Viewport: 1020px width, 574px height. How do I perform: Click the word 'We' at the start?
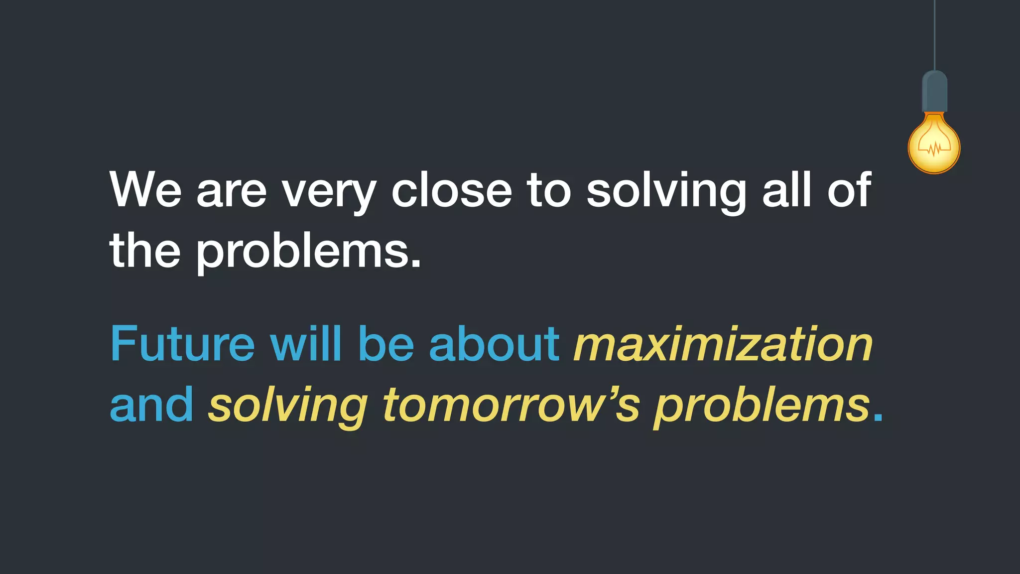[145, 190]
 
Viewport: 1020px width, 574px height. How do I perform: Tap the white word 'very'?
[329, 192]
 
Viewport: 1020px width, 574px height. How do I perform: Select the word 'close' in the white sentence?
[451, 190]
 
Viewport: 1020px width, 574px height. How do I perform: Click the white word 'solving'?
[666, 192]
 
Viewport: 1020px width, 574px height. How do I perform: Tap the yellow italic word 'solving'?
[288, 406]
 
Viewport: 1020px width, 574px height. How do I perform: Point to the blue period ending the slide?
[878, 419]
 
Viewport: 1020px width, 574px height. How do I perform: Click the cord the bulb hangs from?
[934, 35]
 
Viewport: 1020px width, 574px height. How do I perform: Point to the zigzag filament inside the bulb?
[934, 147]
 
